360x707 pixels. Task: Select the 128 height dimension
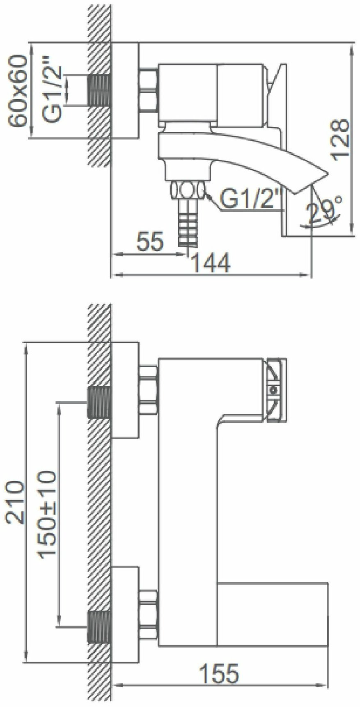[x=340, y=140]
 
